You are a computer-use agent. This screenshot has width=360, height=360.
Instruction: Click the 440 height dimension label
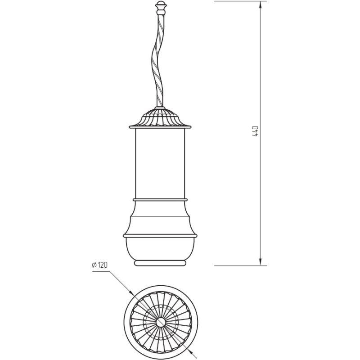255,131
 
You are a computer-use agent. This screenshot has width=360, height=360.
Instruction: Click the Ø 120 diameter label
99,265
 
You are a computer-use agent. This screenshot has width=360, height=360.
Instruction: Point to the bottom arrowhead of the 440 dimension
261,261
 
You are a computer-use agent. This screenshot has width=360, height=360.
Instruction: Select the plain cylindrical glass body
160,163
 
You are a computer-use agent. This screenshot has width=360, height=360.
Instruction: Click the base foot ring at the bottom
160,263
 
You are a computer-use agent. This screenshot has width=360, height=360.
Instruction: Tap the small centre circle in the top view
161,322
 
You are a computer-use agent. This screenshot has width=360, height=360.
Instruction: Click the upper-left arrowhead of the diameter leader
131,292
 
